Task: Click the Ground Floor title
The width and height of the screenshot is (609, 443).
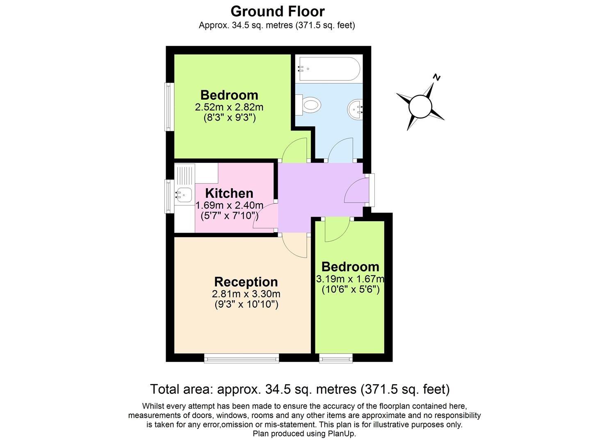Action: [x=277, y=11]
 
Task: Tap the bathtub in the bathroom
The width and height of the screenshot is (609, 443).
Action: [x=329, y=69]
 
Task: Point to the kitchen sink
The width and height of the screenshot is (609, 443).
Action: [x=184, y=194]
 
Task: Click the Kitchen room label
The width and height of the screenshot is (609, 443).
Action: [x=229, y=193]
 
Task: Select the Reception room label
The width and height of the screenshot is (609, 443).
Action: [x=246, y=282]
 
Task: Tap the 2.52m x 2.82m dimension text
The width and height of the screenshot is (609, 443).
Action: [x=229, y=107]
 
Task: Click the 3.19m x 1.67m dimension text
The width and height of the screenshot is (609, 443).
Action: [x=350, y=279]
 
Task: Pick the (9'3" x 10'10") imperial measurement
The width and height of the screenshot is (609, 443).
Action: [x=246, y=305]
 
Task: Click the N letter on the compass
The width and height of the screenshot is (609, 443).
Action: [x=437, y=77]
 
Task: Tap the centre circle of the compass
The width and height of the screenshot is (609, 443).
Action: [x=420, y=107]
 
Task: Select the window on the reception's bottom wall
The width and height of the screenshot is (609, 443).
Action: [x=242, y=359]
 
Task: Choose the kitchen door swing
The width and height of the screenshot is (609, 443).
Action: [x=264, y=217]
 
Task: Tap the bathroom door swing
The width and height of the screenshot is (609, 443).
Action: [x=341, y=148]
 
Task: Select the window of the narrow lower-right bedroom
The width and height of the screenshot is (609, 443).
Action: [x=336, y=359]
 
